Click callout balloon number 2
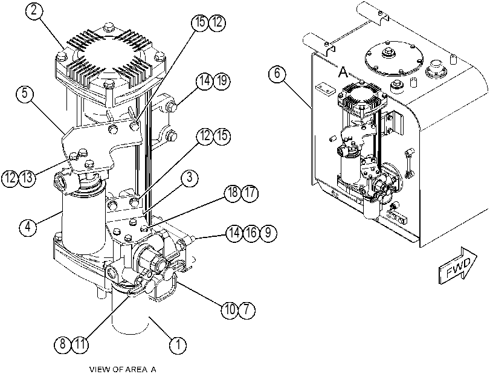point(34,11)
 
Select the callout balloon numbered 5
point(25,94)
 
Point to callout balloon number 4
point(28,227)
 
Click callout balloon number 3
point(189,178)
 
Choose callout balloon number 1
point(178,345)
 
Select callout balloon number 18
point(233,193)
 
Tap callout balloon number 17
point(250,193)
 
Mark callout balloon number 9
point(268,233)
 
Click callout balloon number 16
point(251,233)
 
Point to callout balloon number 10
point(230,310)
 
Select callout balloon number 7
point(247,310)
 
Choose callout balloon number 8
point(62,344)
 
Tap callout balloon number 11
point(80,344)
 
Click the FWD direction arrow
point(458,266)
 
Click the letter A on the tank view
point(343,72)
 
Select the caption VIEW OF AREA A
point(123,370)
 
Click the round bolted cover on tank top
point(394,59)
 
